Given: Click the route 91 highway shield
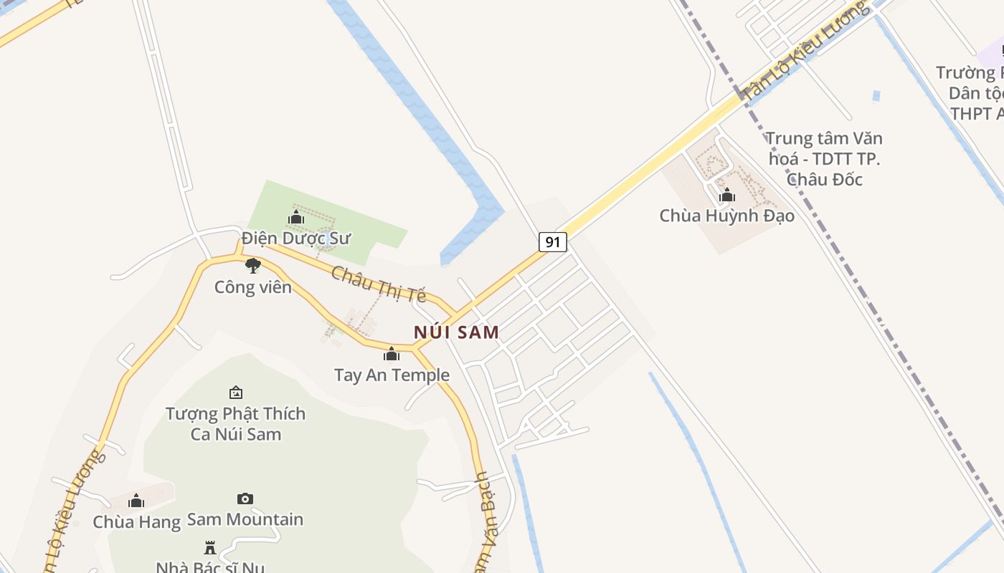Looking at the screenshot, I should point(552,242).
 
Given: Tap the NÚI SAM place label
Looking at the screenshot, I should point(456,332).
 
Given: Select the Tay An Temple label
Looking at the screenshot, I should point(392,375).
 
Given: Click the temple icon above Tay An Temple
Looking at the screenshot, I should point(392,354).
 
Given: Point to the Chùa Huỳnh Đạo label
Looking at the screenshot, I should point(726,215).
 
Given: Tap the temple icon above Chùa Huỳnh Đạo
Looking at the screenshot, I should point(727,195).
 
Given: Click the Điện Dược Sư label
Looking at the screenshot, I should point(295,238).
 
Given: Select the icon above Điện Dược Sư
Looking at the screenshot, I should point(296,217).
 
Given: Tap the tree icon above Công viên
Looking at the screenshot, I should point(252,266).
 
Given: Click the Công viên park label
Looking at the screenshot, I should point(253,287).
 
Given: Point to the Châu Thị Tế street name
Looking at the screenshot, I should point(379,284).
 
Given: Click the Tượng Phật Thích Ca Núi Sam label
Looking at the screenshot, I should point(235,423).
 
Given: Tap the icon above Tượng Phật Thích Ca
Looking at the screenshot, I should point(236,393).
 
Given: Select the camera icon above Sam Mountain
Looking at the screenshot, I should point(245,499).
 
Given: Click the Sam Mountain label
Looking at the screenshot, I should point(245,519).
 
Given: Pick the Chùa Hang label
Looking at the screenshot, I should point(136,522).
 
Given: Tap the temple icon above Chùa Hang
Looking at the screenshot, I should point(136,501).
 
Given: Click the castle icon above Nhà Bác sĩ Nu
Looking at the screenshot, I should point(210,548).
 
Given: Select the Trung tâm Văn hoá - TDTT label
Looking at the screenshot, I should point(824,158).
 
